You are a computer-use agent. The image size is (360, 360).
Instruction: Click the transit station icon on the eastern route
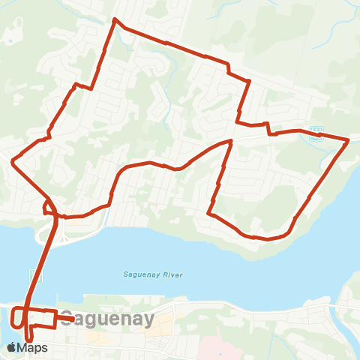(x=316, y=133)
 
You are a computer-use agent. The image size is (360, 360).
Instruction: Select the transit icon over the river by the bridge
(x=40, y=275)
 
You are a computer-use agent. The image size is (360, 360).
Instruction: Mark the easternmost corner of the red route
(x=349, y=139)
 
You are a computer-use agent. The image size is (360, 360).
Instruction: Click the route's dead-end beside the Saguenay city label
(x=72, y=319)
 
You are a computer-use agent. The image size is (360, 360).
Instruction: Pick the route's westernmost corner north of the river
(x=12, y=160)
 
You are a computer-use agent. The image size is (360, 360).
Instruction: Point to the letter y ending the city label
(x=148, y=320)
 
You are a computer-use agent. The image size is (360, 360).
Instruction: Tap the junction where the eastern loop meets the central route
(x=230, y=140)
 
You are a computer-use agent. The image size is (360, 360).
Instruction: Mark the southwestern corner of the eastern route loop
(x=209, y=214)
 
